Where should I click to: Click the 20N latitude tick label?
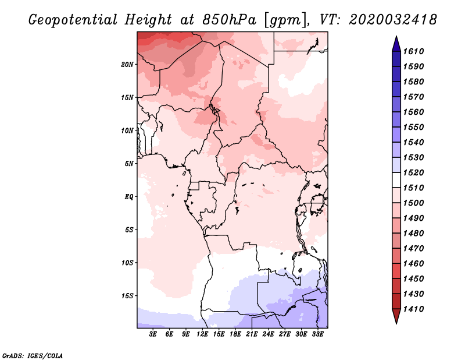127,65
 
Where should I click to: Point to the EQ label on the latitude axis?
129,197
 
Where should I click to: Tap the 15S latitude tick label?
127,296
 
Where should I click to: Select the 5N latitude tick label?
129,164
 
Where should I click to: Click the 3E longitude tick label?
153,334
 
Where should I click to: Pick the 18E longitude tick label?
235,334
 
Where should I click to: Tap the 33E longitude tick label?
317,334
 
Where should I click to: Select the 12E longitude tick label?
202,334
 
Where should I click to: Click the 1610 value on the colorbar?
413,51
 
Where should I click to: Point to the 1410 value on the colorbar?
413,309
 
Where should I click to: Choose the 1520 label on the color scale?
413,172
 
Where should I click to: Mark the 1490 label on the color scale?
413,218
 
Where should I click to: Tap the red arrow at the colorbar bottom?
396,315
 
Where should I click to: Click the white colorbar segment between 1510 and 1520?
396,180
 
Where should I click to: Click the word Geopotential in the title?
73,20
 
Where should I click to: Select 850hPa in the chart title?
229,20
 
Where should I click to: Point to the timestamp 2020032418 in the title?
393,20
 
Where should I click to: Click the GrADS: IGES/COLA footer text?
33,356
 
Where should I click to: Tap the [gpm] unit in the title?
285,20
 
